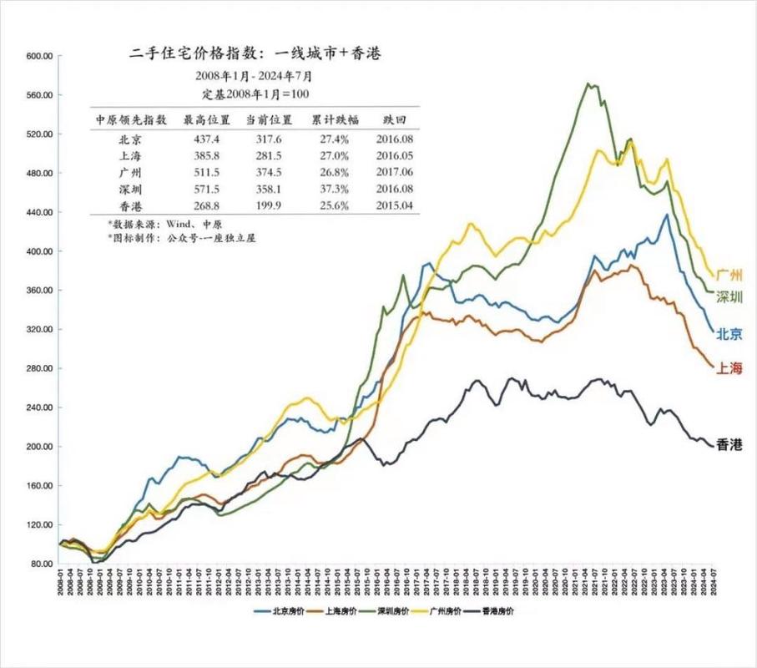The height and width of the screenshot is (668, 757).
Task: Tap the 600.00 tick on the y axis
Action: [x=40, y=56]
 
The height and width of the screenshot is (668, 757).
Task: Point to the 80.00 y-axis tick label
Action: [x=42, y=564]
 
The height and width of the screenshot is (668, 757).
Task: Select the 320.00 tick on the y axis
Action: [x=40, y=330]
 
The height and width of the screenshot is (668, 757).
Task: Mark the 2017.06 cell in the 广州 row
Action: [x=389, y=172]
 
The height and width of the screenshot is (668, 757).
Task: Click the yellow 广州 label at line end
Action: [x=729, y=275]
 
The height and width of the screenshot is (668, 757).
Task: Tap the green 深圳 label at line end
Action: [x=729, y=297]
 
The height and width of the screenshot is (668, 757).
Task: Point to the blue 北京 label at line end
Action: [x=729, y=334]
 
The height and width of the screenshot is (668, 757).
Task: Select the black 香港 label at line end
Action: [x=729, y=446]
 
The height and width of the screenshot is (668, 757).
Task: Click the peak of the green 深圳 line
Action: [x=589, y=83]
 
